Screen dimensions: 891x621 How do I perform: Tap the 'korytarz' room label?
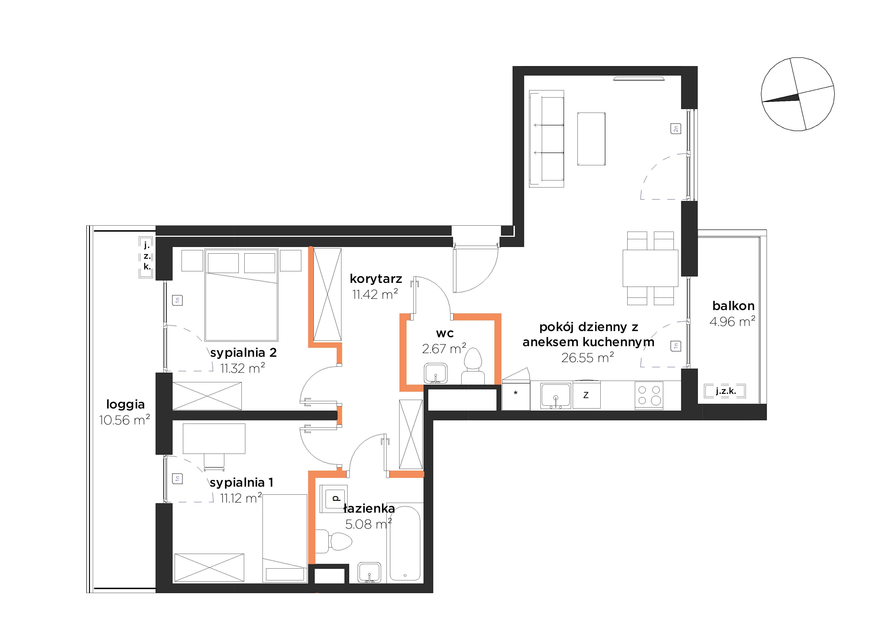376,279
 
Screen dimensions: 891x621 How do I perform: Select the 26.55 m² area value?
588,357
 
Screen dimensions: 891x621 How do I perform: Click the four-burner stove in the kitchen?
649,396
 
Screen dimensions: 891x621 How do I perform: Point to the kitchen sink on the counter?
555,396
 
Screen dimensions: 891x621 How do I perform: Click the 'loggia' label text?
125,405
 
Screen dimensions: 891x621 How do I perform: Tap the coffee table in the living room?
591,139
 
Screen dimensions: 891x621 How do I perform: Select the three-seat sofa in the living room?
546,139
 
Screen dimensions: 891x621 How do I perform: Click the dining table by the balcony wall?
650,268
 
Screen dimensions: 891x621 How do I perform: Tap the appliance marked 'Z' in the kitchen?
586,395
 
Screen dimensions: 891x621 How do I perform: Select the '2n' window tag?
676,128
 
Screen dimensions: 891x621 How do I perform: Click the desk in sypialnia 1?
214,438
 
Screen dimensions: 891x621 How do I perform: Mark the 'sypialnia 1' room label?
241,482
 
